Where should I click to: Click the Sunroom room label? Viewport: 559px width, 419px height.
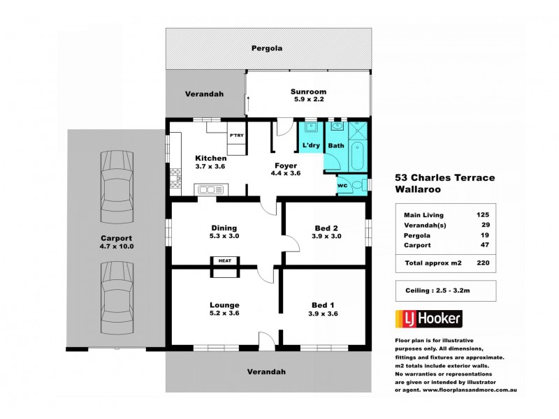[x=308, y=91]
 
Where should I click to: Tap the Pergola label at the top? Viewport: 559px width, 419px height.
[x=268, y=49]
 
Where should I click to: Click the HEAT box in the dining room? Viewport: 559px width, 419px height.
[x=225, y=260]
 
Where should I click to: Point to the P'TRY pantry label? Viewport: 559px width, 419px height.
[x=236, y=135]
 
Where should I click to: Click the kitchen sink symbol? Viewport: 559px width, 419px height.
[x=210, y=189]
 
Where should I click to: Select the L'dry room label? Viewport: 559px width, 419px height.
[x=310, y=146]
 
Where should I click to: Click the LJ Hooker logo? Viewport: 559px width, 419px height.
[x=428, y=319]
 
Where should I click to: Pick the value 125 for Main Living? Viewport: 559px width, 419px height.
[x=481, y=215]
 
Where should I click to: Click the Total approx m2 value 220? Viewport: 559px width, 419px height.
[x=481, y=263]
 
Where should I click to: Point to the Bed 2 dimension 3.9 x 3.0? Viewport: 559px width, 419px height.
[x=326, y=237]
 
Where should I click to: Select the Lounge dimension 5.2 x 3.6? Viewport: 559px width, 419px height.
[x=224, y=314]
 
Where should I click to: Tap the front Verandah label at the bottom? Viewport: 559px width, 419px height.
[x=268, y=372]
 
